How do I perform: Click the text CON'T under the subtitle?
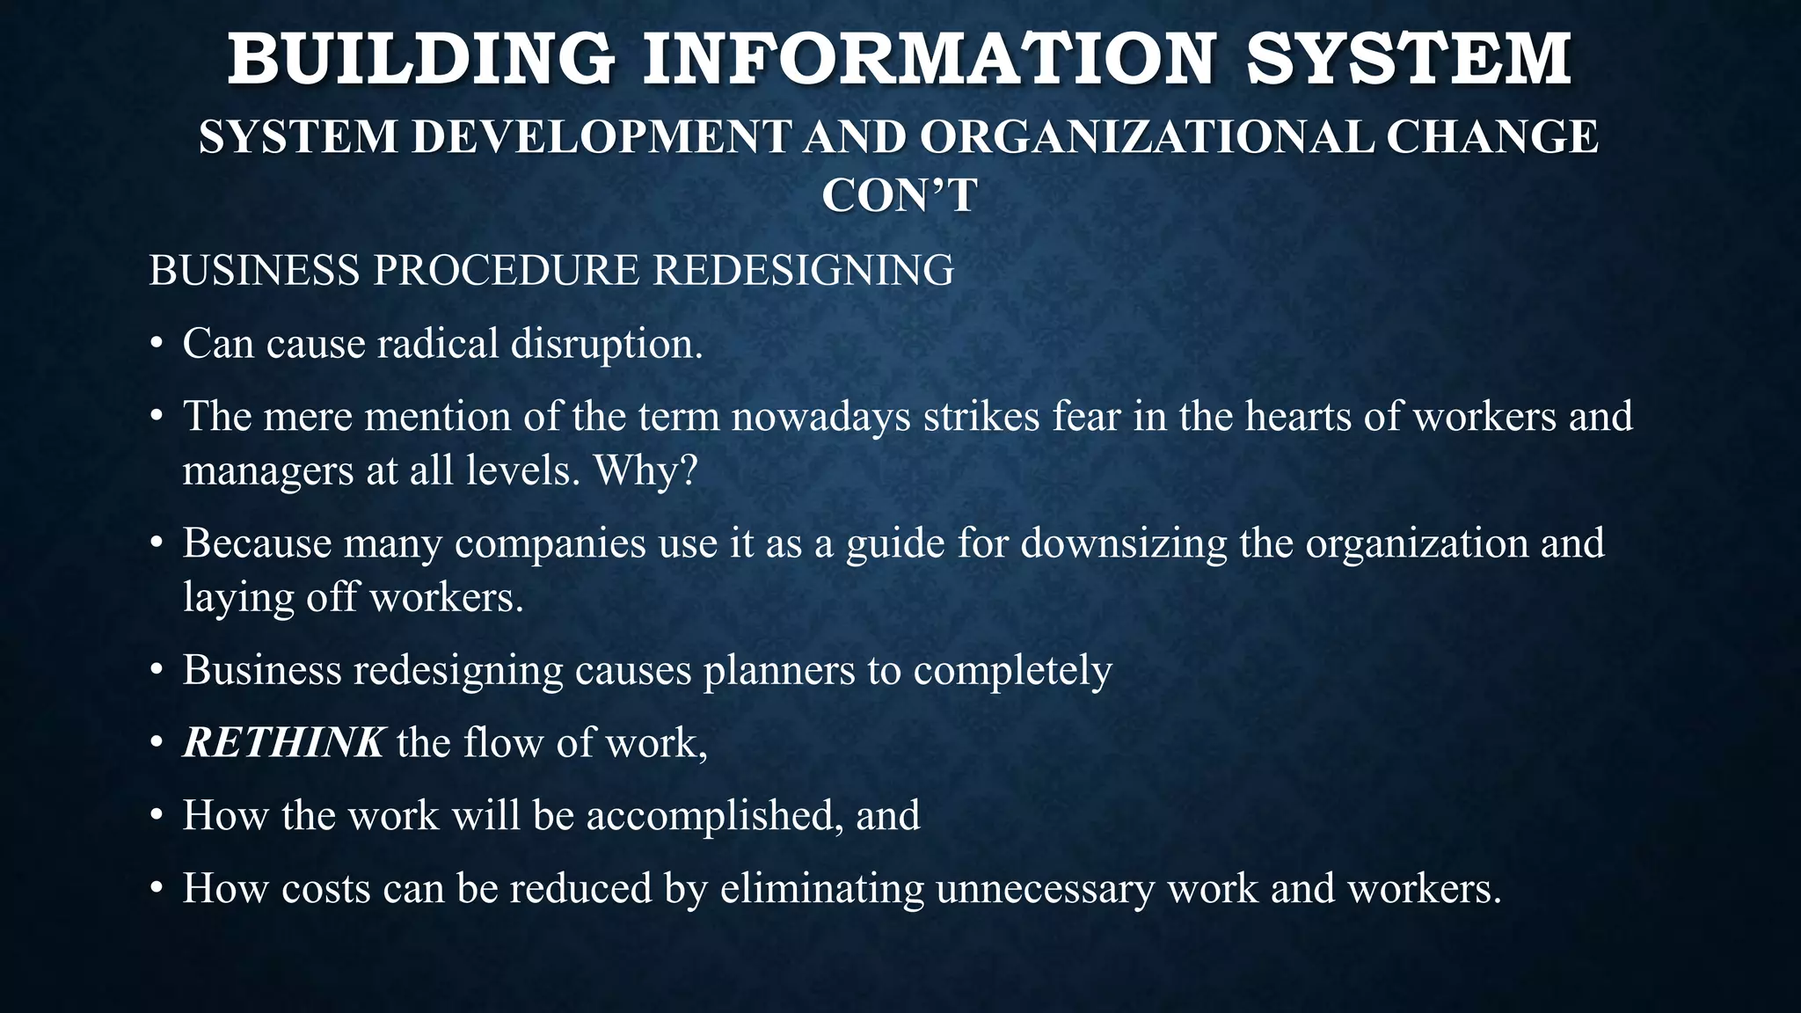900,195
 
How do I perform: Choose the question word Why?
645,471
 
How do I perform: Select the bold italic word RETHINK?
283,743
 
